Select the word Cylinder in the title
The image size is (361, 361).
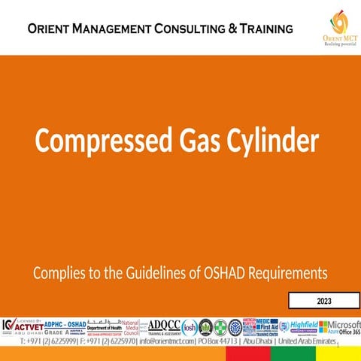coord(268,141)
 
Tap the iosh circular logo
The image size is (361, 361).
coord(190,326)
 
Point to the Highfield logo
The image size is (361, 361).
coord(302,326)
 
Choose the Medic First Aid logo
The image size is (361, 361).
coord(267,326)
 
